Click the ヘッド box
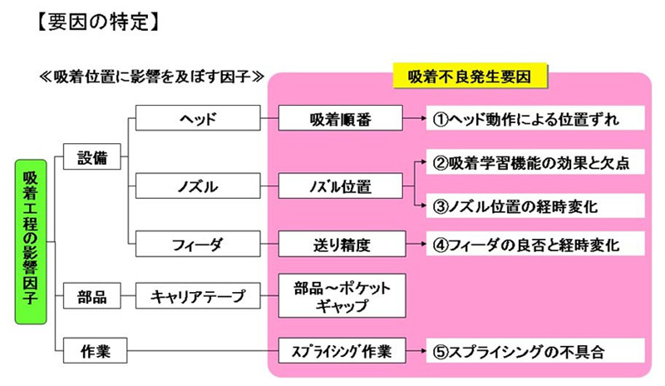pos(198,119)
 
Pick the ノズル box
pos(198,186)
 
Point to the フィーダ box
pos(198,244)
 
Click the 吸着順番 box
pos(342,119)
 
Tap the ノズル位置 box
pos(342,186)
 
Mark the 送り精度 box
pos(342,244)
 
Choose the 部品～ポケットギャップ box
pos(342,295)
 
